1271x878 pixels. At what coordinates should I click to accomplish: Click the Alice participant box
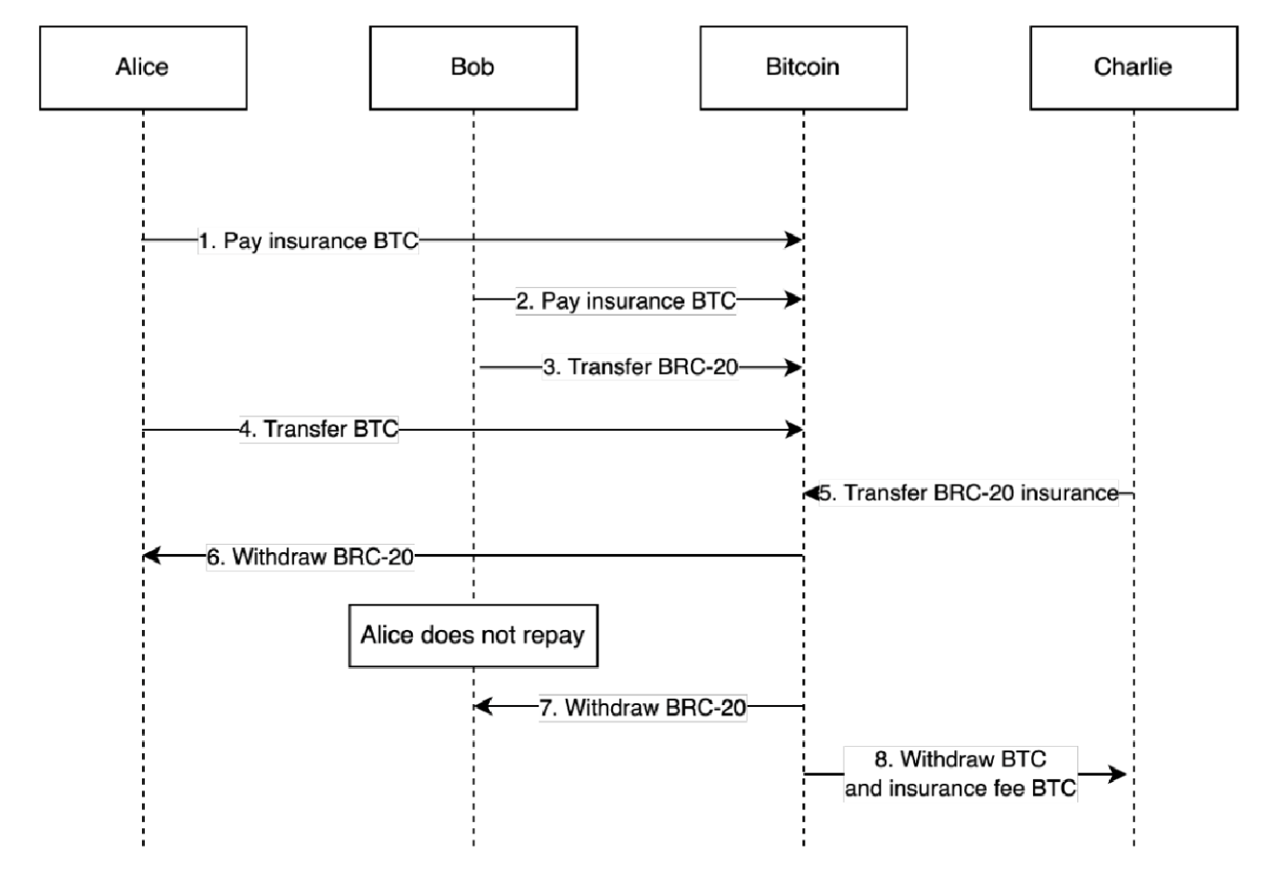click(x=143, y=68)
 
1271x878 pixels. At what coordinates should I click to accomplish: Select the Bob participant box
click(x=473, y=68)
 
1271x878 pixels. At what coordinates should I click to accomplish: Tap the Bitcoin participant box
click(x=803, y=68)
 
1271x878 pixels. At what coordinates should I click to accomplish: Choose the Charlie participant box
click(x=1132, y=68)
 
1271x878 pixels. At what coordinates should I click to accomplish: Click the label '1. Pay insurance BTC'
click(x=308, y=241)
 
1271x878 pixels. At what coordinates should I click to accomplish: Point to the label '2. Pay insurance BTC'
click(x=626, y=301)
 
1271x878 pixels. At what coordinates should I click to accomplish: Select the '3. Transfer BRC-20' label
click(x=640, y=367)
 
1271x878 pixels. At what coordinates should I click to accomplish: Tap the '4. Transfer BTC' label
click(x=319, y=429)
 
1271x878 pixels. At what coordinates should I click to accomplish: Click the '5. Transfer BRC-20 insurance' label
click(x=969, y=493)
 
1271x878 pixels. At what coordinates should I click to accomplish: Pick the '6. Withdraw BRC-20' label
click(x=310, y=557)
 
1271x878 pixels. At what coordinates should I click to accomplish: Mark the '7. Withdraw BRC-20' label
click(x=643, y=707)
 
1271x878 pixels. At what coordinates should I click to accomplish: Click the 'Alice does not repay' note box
click(x=473, y=635)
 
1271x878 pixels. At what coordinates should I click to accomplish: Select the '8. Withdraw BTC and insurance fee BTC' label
click(x=960, y=774)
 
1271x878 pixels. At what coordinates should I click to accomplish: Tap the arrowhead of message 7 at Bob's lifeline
click(x=483, y=706)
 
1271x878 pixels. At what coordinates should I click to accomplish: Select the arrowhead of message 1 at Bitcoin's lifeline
click(x=794, y=240)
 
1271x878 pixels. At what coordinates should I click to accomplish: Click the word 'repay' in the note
click(x=552, y=635)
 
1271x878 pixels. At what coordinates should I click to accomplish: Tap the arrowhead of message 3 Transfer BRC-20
click(x=794, y=367)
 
